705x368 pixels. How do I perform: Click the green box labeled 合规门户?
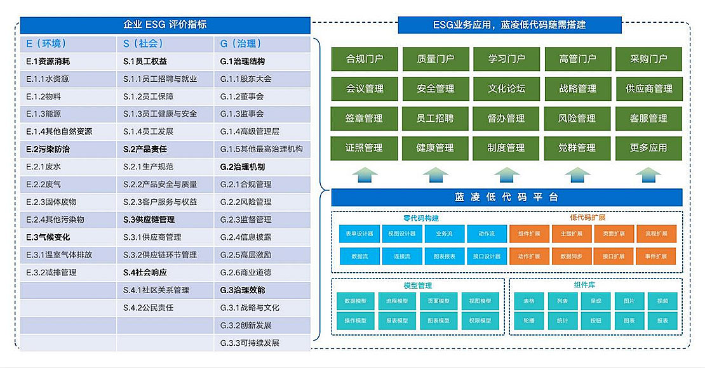coord(365,59)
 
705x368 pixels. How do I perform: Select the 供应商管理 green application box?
coord(648,89)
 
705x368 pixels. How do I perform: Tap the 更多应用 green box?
coord(648,148)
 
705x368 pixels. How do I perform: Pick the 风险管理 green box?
coord(577,119)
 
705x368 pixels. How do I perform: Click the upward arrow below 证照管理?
coord(365,174)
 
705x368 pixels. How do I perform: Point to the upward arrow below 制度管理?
coord(506,174)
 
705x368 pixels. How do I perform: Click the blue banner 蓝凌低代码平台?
coord(506,197)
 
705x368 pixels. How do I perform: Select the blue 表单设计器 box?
coord(359,233)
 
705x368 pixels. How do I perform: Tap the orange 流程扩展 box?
coord(656,233)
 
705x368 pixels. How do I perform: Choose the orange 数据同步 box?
coord(571,256)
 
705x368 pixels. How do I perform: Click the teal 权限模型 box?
coord(481,320)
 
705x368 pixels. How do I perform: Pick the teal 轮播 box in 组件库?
coord(528,320)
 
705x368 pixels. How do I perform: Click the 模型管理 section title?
coord(417,286)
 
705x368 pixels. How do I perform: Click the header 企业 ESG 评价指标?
coord(164,25)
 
